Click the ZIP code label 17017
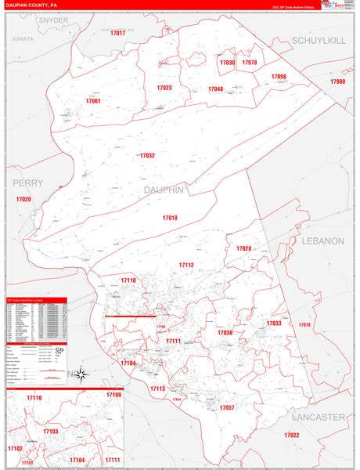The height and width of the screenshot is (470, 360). click(x=117, y=34)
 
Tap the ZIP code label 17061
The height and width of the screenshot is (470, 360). click(x=93, y=101)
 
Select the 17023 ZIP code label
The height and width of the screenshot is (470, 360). click(x=164, y=88)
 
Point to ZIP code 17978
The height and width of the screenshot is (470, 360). click(x=249, y=62)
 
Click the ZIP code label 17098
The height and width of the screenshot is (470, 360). click(x=279, y=76)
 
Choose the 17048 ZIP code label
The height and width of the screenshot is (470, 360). click(x=215, y=89)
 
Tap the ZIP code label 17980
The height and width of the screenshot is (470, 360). click(x=337, y=81)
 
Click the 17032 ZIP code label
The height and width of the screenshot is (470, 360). click(x=148, y=156)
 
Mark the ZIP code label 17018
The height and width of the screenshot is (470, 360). click(x=170, y=217)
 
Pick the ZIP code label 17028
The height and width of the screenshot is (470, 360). click(x=243, y=248)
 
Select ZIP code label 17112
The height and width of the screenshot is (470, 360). click(x=185, y=266)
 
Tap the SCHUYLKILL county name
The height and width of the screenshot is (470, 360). click(x=318, y=39)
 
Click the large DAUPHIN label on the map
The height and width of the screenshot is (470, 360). click(x=164, y=190)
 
